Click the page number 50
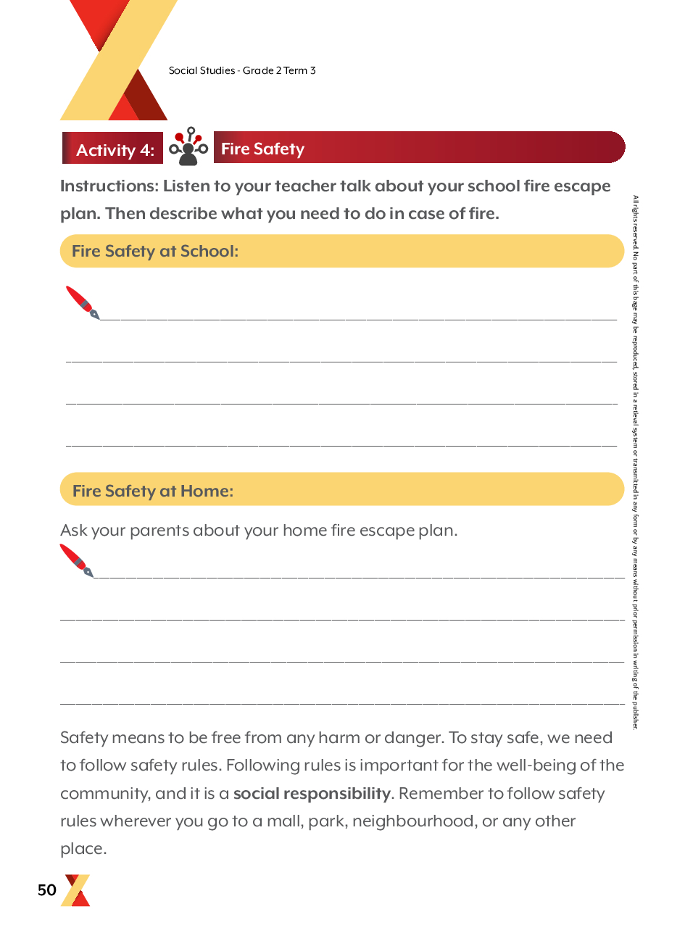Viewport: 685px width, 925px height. [47, 890]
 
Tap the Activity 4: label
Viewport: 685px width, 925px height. [115, 150]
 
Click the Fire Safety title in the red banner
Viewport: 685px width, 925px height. [262, 149]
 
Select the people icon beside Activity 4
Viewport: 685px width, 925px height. [188, 146]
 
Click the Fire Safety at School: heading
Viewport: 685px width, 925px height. [155, 251]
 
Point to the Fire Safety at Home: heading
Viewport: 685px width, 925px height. [153, 491]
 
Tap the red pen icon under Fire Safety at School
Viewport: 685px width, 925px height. [83, 302]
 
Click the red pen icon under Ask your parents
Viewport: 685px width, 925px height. [76, 560]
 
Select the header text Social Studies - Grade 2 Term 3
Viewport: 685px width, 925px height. [242, 70]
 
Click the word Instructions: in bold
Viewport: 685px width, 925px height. [109, 186]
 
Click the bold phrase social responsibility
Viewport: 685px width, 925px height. [312, 793]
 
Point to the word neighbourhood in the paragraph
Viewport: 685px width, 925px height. [413, 821]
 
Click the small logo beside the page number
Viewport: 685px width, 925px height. [77, 890]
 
